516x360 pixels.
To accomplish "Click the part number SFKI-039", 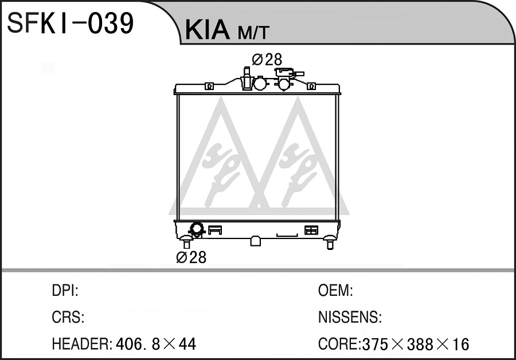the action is pos(70,23).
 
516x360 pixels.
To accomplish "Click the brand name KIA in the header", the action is pos(208,30).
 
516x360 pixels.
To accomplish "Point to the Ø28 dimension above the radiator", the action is pos(267,60).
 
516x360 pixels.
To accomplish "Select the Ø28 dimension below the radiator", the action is pos(191,257).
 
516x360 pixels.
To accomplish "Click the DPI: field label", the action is pos(65,291).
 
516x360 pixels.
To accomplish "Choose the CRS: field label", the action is pos(68,317).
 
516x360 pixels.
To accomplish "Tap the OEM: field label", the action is pos(335,291).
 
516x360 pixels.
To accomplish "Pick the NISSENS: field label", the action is pos(350,317).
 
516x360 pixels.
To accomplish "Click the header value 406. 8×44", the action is pos(156,344).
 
